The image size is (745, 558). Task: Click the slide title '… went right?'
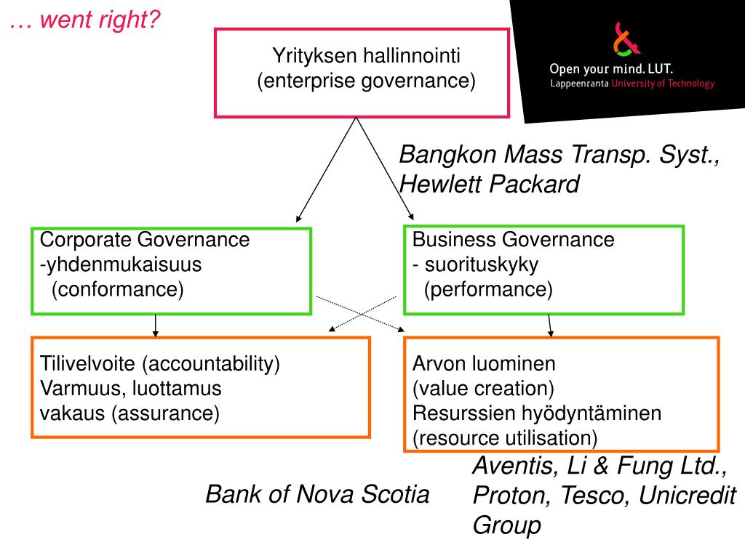coord(84,20)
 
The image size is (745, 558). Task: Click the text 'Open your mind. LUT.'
coord(611,69)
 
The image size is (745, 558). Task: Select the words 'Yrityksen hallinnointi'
coord(367,55)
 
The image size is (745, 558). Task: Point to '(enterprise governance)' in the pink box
coord(367,80)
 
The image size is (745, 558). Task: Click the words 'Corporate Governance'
coord(145,240)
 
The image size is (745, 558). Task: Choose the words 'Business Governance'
coord(514,240)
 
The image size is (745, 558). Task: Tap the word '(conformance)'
coord(118,290)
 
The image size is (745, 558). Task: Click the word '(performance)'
coord(489,290)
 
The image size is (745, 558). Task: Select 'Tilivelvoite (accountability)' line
coord(160,363)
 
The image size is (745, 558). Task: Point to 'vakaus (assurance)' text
coord(130,413)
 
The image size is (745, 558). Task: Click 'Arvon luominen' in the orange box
coord(484,363)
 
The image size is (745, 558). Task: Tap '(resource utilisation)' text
coord(505,438)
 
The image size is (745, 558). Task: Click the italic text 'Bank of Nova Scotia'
coord(317,495)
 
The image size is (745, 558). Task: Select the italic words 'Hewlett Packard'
coord(490,185)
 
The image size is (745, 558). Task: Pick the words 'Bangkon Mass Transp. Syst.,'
coord(560,154)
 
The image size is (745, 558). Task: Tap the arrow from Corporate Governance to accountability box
coord(156,325)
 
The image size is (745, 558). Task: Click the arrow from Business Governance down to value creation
coord(549,325)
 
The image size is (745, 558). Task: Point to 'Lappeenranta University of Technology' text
coord(632,84)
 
